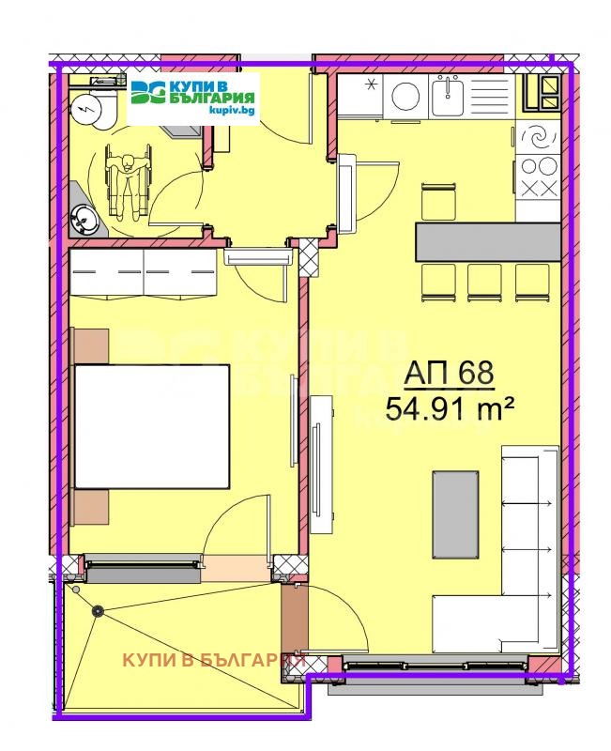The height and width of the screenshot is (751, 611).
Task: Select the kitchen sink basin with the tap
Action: pos(448,94)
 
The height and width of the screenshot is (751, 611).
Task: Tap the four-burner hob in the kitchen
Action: pos(539,176)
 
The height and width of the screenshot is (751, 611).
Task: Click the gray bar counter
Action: pos(488,241)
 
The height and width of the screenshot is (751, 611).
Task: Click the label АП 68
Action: pos(449,373)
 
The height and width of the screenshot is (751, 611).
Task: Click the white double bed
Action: pos(152,426)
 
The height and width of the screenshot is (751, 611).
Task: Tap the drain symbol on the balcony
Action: pos(97,610)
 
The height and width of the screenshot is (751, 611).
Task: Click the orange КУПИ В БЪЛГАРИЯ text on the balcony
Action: pos(214,660)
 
